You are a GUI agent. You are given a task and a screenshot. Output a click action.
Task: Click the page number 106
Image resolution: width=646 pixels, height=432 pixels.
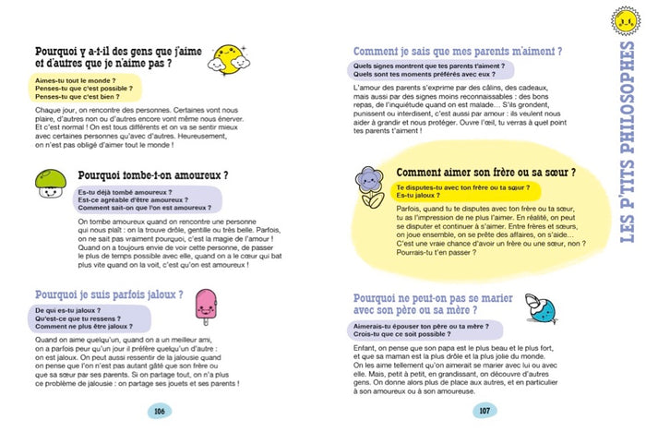pos(159,411)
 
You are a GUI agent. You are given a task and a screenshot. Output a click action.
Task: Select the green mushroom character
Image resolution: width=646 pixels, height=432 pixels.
pos(48,184)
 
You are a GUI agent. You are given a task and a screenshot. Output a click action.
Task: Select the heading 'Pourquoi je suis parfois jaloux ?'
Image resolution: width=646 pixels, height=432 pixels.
pos(108,294)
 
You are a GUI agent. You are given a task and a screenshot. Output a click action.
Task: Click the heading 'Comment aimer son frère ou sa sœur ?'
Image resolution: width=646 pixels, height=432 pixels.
pos(485,172)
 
